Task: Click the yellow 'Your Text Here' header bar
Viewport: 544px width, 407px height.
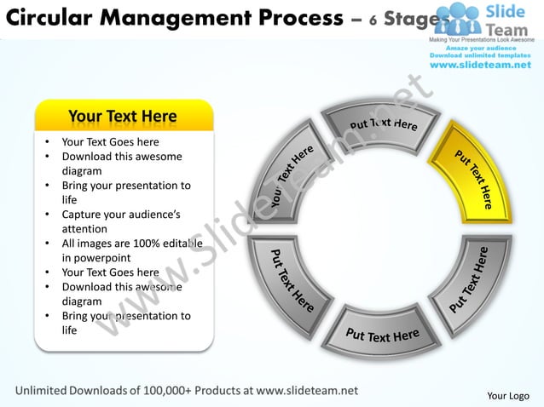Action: pyautogui.click(x=123, y=117)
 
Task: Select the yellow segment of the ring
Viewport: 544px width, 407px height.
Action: pyautogui.click(x=472, y=175)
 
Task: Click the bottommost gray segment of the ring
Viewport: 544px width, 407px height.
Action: pyautogui.click(x=382, y=332)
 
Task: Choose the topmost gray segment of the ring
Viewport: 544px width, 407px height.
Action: pyautogui.click(x=382, y=126)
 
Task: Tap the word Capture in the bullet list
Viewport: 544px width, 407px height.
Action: pyautogui.click(x=84, y=215)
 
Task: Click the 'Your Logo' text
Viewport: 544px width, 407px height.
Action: pyautogui.click(x=507, y=395)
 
